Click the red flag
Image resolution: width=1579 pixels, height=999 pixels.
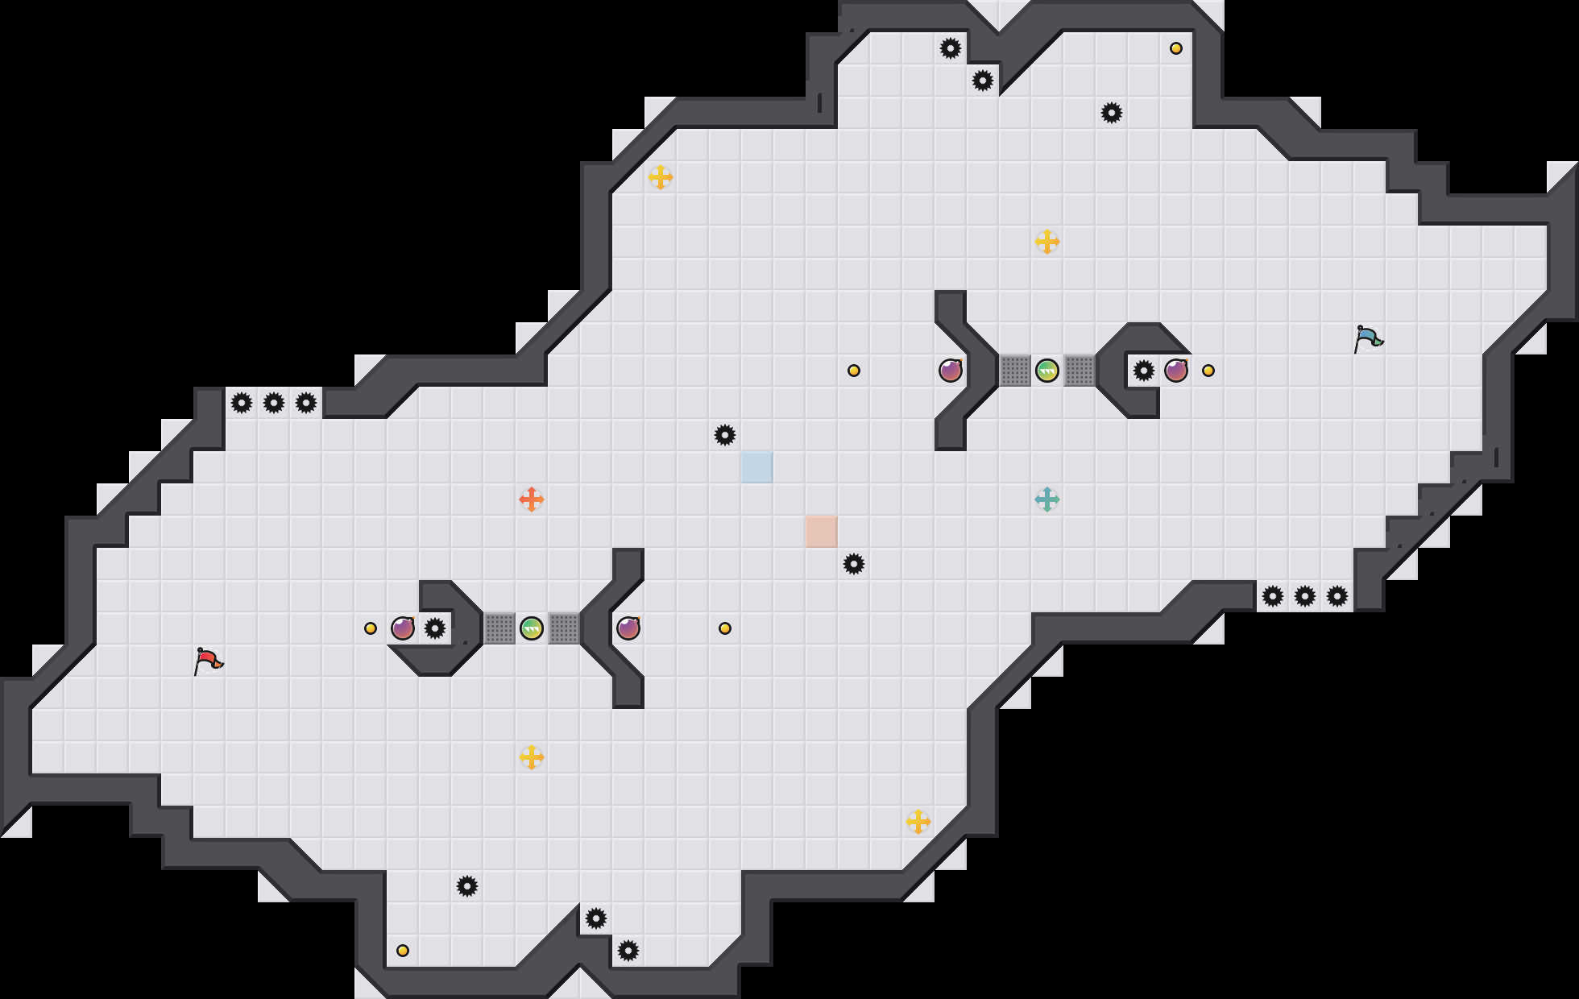point(208,661)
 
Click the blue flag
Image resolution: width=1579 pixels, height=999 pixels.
point(1368,338)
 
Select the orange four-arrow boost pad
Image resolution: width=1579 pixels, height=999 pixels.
point(532,499)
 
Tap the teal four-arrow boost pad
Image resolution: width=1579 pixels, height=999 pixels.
point(1047,499)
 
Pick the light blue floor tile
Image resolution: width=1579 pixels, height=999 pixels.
point(757,467)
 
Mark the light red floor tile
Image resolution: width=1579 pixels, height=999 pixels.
point(822,532)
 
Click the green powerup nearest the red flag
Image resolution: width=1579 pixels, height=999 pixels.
point(532,628)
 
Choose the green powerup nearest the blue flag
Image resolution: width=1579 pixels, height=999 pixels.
point(1047,371)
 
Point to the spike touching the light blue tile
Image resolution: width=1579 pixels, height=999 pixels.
point(725,435)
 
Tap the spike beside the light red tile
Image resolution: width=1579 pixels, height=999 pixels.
point(854,564)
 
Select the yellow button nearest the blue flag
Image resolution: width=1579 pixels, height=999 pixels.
point(1208,371)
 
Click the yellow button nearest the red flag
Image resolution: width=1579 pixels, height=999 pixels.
point(371,628)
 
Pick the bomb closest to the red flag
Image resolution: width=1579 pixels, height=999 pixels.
point(403,628)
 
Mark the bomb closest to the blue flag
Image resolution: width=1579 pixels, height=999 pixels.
point(1176,371)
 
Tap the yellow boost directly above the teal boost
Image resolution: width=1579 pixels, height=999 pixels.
point(1047,242)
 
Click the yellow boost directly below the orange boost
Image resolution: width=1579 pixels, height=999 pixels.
point(532,757)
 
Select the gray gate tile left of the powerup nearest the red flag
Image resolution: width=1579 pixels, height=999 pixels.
point(499,628)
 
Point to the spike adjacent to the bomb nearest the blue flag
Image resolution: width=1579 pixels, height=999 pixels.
point(1144,371)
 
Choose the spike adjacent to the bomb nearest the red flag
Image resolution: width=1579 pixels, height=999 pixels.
point(435,628)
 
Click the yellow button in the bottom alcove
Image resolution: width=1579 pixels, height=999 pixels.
point(403,951)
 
